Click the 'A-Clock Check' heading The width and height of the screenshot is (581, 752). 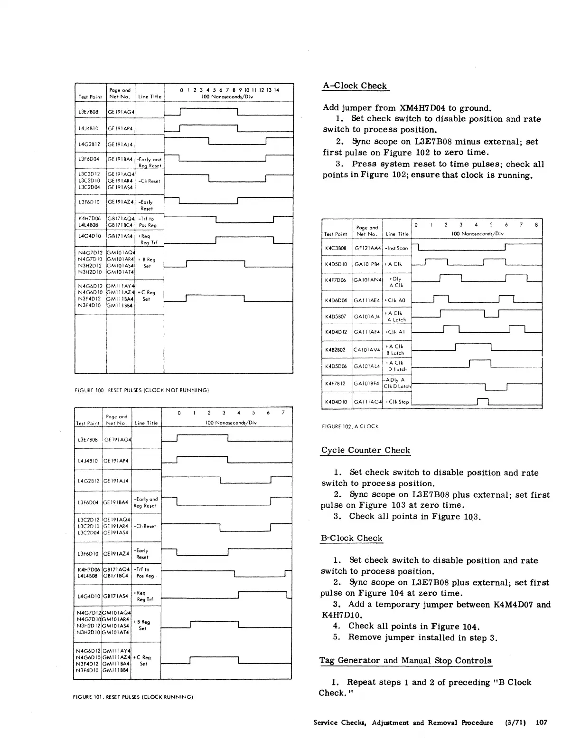(355, 86)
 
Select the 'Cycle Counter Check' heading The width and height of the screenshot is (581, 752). (365, 450)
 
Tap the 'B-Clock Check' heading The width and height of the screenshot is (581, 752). (352, 538)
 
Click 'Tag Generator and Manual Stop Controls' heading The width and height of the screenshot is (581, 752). (405, 660)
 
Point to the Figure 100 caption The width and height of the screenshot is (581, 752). (142, 390)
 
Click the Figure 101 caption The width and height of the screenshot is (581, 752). (134, 697)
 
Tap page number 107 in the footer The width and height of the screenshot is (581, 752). (541, 723)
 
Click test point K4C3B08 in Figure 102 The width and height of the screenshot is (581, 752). (336, 248)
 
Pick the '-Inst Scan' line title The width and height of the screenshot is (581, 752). (396, 248)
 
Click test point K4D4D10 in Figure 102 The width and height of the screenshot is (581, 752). (336, 402)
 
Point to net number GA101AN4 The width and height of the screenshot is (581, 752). (367, 280)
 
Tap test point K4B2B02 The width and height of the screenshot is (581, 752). (336, 350)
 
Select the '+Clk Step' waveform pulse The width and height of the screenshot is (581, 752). (483, 402)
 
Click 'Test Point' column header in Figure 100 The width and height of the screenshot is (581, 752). (90, 96)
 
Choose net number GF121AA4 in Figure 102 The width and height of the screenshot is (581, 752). (367, 248)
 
